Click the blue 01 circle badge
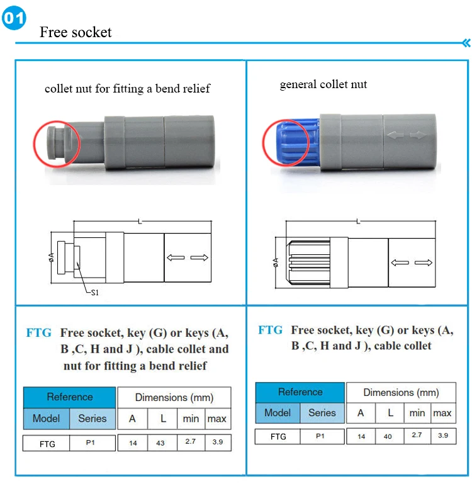pyautogui.click(x=14, y=18)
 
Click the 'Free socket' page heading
pyautogui.click(x=76, y=32)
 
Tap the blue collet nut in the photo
pyautogui.click(x=296, y=143)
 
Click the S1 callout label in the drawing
pyautogui.click(x=95, y=293)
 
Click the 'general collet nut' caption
pyautogui.click(x=323, y=84)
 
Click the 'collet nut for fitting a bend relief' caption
pyautogui.click(x=127, y=89)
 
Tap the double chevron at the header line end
pyautogui.click(x=466, y=43)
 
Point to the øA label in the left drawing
pyautogui.click(x=51, y=257)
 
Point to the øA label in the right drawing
pyautogui.click(x=276, y=263)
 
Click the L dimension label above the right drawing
pyautogui.click(x=359, y=222)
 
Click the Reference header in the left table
pyautogui.click(x=69, y=397)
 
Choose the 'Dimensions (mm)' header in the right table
pyautogui.click(x=401, y=392)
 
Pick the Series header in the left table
pyautogui.click(x=93, y=419)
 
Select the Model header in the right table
pyautogui.click(x=278, y=413)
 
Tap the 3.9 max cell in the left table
pyautogui.click(x=218, y=443)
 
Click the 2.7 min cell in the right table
pyautogui.click(x=417, y=436)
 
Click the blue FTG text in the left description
pyautogui.click(x=39, y=333)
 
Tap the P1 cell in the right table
pyautogui.click(x=320, y=436)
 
